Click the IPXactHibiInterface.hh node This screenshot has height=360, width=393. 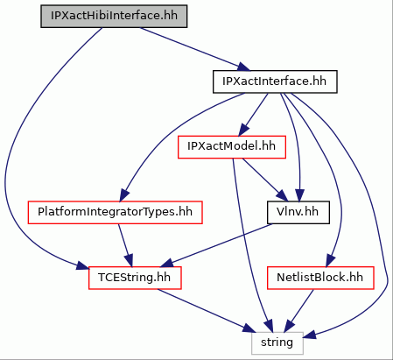pyautogui.click(x=114, y=17)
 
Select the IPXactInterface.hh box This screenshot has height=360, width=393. pyautogui.click(x=275, y=81)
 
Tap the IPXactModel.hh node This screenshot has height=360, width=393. pyautogui.click(x=232, y=147)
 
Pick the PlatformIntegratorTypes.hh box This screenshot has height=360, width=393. pyautogui.click(x=115, y=213)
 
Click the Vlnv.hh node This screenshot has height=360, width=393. pyautogui.click(x=298, y=213)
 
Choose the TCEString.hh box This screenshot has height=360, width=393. pyautogui.click(x=135, y=278)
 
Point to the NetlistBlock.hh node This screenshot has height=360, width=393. pyautogui.click(x=320, y=278)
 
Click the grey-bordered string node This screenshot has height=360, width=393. pyautogui.click(x=277, y=343)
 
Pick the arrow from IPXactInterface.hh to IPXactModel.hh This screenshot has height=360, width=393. pyautogui.click(x=253, y=115)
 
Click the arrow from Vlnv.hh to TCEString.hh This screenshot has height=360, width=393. pyautogui.click(x=216, y=245)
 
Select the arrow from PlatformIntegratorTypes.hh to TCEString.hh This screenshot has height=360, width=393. pyautogui.click(x=125, y=245)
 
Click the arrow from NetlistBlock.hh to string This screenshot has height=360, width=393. pyautogui.click(x=298, y=311)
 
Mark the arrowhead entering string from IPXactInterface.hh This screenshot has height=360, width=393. pyautogui.click(x=310, y=335)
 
